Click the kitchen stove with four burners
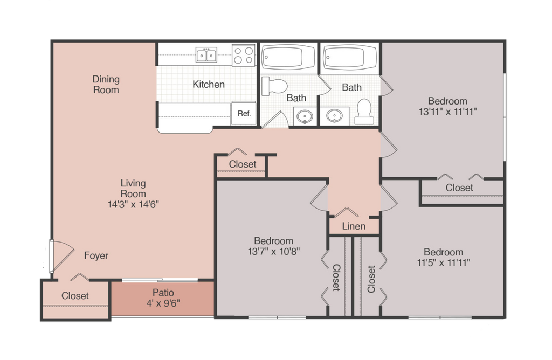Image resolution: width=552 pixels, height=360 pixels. [x=243, y=55]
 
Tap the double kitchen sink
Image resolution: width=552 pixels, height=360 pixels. [x=206, y=54]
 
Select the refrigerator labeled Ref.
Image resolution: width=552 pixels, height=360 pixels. [x=244, y=114]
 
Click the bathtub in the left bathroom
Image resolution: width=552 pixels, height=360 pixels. [x=288, y=57]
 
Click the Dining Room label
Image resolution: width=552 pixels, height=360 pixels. [x=106, y=85]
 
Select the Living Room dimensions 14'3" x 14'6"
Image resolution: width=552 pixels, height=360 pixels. [x=133, y=204]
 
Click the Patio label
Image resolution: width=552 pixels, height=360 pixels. [x=163, y=297]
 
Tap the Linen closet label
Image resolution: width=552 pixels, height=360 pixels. [x=354, y=226]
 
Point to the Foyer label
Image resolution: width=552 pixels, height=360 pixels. [x=96, y=255]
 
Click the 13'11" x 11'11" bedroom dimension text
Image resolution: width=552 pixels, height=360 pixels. [x=447, y=112]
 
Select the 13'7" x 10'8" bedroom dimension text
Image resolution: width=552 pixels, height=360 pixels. [x=273, y=251]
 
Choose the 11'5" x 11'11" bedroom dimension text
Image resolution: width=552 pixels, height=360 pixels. [x=443, y=262]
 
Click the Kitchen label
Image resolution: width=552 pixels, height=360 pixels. [x=209, y=84]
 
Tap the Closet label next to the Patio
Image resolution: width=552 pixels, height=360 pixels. [x=75, y=296]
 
